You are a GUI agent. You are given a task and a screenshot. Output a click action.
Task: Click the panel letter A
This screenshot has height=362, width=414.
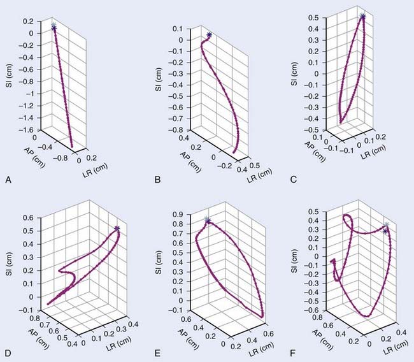point(8,180)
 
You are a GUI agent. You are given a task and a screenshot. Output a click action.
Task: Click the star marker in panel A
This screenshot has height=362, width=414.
point(54,27)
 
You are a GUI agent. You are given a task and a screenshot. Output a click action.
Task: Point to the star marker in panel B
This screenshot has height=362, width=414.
point(210,34)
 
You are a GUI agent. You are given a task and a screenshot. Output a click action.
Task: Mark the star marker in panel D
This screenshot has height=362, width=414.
point(117,228)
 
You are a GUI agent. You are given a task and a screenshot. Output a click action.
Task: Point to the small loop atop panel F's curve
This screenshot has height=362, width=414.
point(348,220)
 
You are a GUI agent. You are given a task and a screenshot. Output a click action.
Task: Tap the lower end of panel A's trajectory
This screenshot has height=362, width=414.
point(71,146)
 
